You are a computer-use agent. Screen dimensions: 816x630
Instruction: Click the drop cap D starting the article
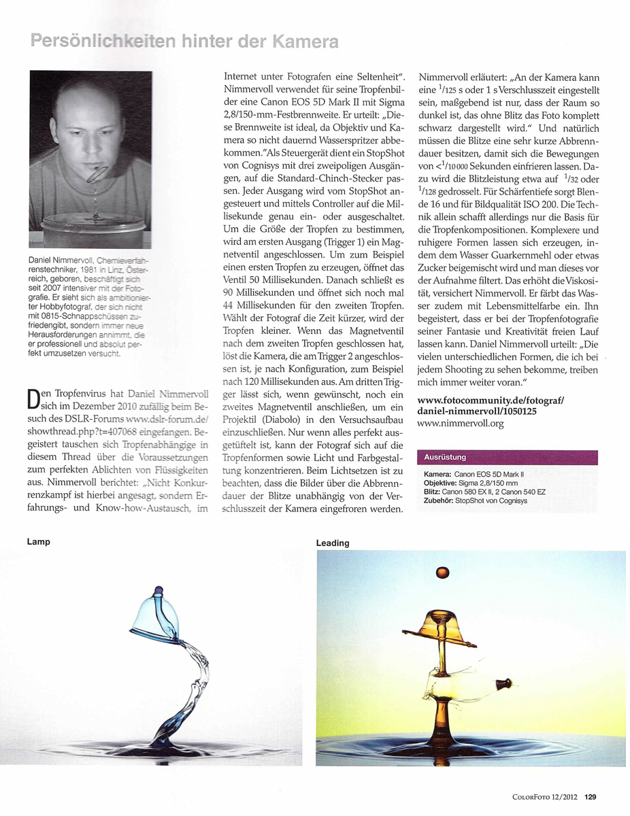[34, 398]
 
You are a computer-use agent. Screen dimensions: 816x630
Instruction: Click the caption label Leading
[333, 543]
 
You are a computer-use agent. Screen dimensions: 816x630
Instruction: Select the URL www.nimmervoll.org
[460, 424]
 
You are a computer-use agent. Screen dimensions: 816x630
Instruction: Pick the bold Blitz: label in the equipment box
[433, 491]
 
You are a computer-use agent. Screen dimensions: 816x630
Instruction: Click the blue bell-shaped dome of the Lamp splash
[157, 615]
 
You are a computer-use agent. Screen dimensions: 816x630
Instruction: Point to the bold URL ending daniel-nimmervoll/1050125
[476, 412]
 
